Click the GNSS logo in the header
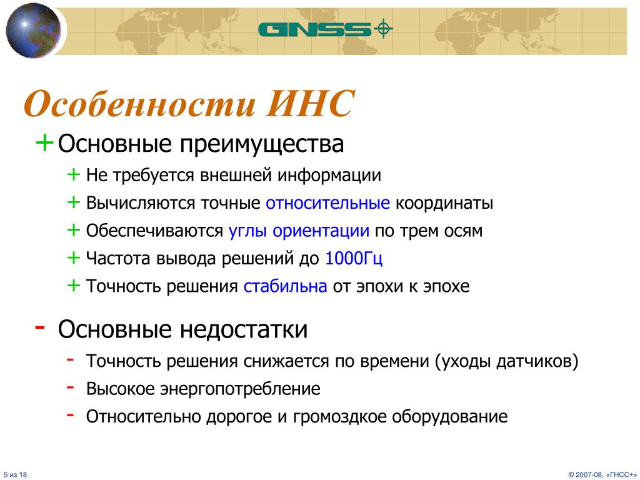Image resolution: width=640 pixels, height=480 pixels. [325, 29]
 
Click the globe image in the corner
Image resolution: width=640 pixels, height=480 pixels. [33, 30]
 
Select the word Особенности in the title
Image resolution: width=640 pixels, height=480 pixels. [139, 104]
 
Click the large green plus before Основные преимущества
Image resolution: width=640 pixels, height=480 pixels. [44, 143]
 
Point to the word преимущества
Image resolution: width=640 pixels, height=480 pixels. [262, 144]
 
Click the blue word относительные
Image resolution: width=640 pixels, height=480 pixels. [327, 203]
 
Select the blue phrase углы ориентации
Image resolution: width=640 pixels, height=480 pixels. [299, 231]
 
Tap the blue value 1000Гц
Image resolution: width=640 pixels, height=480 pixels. [354, 259]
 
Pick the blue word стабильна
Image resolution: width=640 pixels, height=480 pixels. [285, 286]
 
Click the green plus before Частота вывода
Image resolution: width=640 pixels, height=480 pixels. [74, 257]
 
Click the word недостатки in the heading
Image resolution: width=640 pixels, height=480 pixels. [244, 329]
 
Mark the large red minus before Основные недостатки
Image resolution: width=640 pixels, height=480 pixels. [40, 326]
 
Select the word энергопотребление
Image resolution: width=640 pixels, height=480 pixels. [240, 389]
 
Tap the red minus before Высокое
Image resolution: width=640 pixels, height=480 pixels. [70, 387]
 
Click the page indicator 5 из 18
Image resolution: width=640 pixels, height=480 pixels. [16, 475]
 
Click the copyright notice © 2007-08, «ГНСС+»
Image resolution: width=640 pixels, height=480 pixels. [602, 475]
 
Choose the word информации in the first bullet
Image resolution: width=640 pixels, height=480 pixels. [329, 176]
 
